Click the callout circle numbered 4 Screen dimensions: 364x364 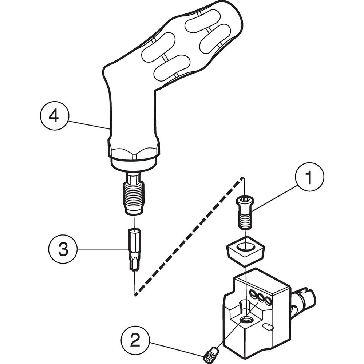coord(54,117)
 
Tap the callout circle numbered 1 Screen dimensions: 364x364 coord(309,178)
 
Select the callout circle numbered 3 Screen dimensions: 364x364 coord(63,249)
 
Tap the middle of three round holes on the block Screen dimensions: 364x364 coord(261,297)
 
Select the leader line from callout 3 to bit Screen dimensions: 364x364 coord(102,249)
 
